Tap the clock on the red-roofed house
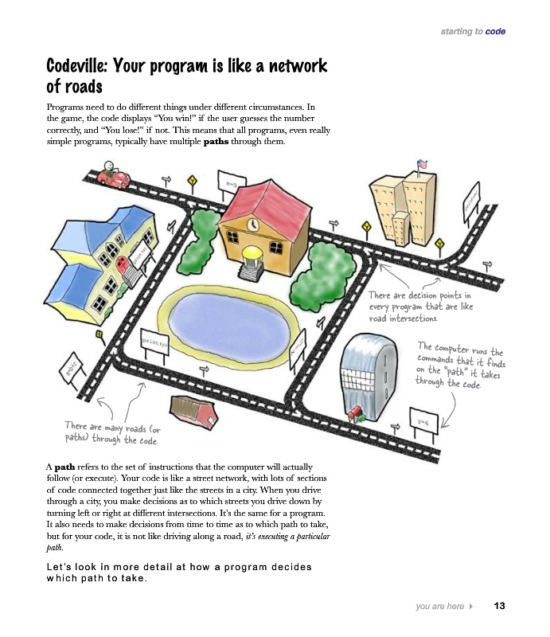(x=252, y=225)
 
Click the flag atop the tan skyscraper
(x=422, y=164)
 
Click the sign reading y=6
(x=423, y=419)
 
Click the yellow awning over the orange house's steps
(x=254, y=253)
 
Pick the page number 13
(x=500, y=606)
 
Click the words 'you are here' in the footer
(x=439, y=607)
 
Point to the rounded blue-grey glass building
(x=368, y=373)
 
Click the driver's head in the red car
(x=108, y=168)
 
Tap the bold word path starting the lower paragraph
(x=64, y=466)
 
